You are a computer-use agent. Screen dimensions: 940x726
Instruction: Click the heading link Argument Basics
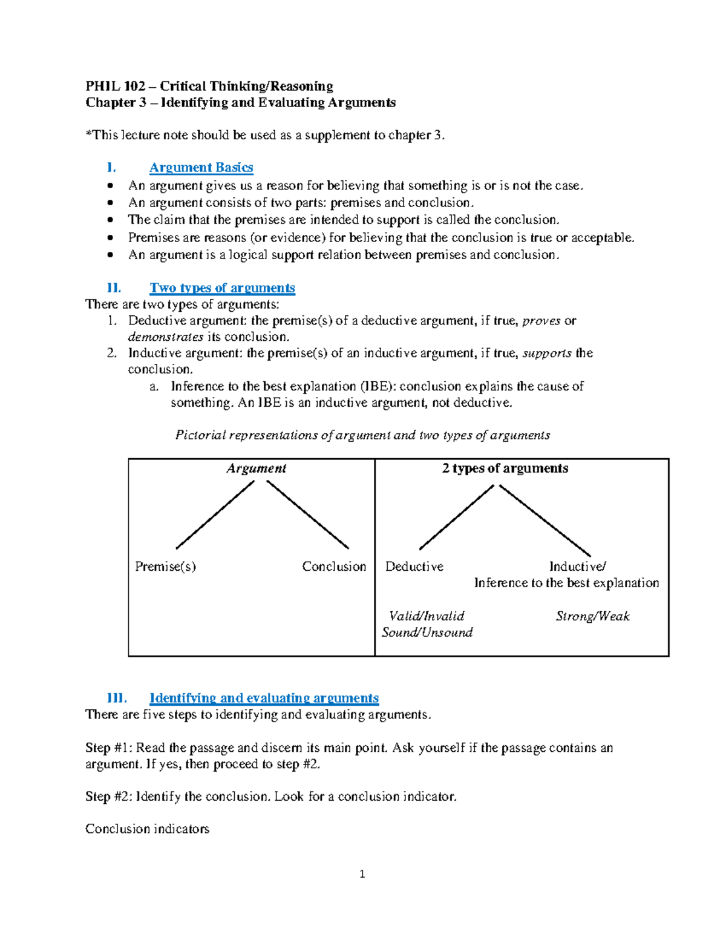tap(201, 168)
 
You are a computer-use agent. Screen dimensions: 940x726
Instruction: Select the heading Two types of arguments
tap(222, 288)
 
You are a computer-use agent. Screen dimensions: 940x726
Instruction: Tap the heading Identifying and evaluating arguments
tap(264, 698)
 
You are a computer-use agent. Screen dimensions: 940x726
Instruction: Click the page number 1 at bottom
tap(362, 874)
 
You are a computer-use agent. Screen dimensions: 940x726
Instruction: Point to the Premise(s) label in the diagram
tap(165, 567)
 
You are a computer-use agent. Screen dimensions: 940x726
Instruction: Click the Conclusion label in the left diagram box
tap(334, 567)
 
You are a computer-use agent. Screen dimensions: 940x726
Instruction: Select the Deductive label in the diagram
tap(414, 567)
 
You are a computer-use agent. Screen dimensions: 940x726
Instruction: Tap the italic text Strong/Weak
tap(592, 616)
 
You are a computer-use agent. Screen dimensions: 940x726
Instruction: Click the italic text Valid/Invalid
tap(427, 616)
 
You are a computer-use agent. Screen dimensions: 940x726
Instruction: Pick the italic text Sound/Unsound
tap(427, 633)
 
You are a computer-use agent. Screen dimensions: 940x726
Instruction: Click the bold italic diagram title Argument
tap(256, 468)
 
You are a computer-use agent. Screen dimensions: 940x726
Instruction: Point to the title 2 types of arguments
tap(505, 468)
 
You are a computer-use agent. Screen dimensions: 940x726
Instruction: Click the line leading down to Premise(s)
tap(215, 514)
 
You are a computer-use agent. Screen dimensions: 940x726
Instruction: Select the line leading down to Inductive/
tap(544, 521)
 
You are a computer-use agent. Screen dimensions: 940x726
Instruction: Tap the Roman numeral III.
tap(116, 698)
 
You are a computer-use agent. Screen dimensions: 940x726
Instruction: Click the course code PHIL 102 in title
tap(115, 87)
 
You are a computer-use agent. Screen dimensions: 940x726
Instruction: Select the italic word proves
tap(541, 321)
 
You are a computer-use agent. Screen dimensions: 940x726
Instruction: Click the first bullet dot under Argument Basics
tap(110, 186)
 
